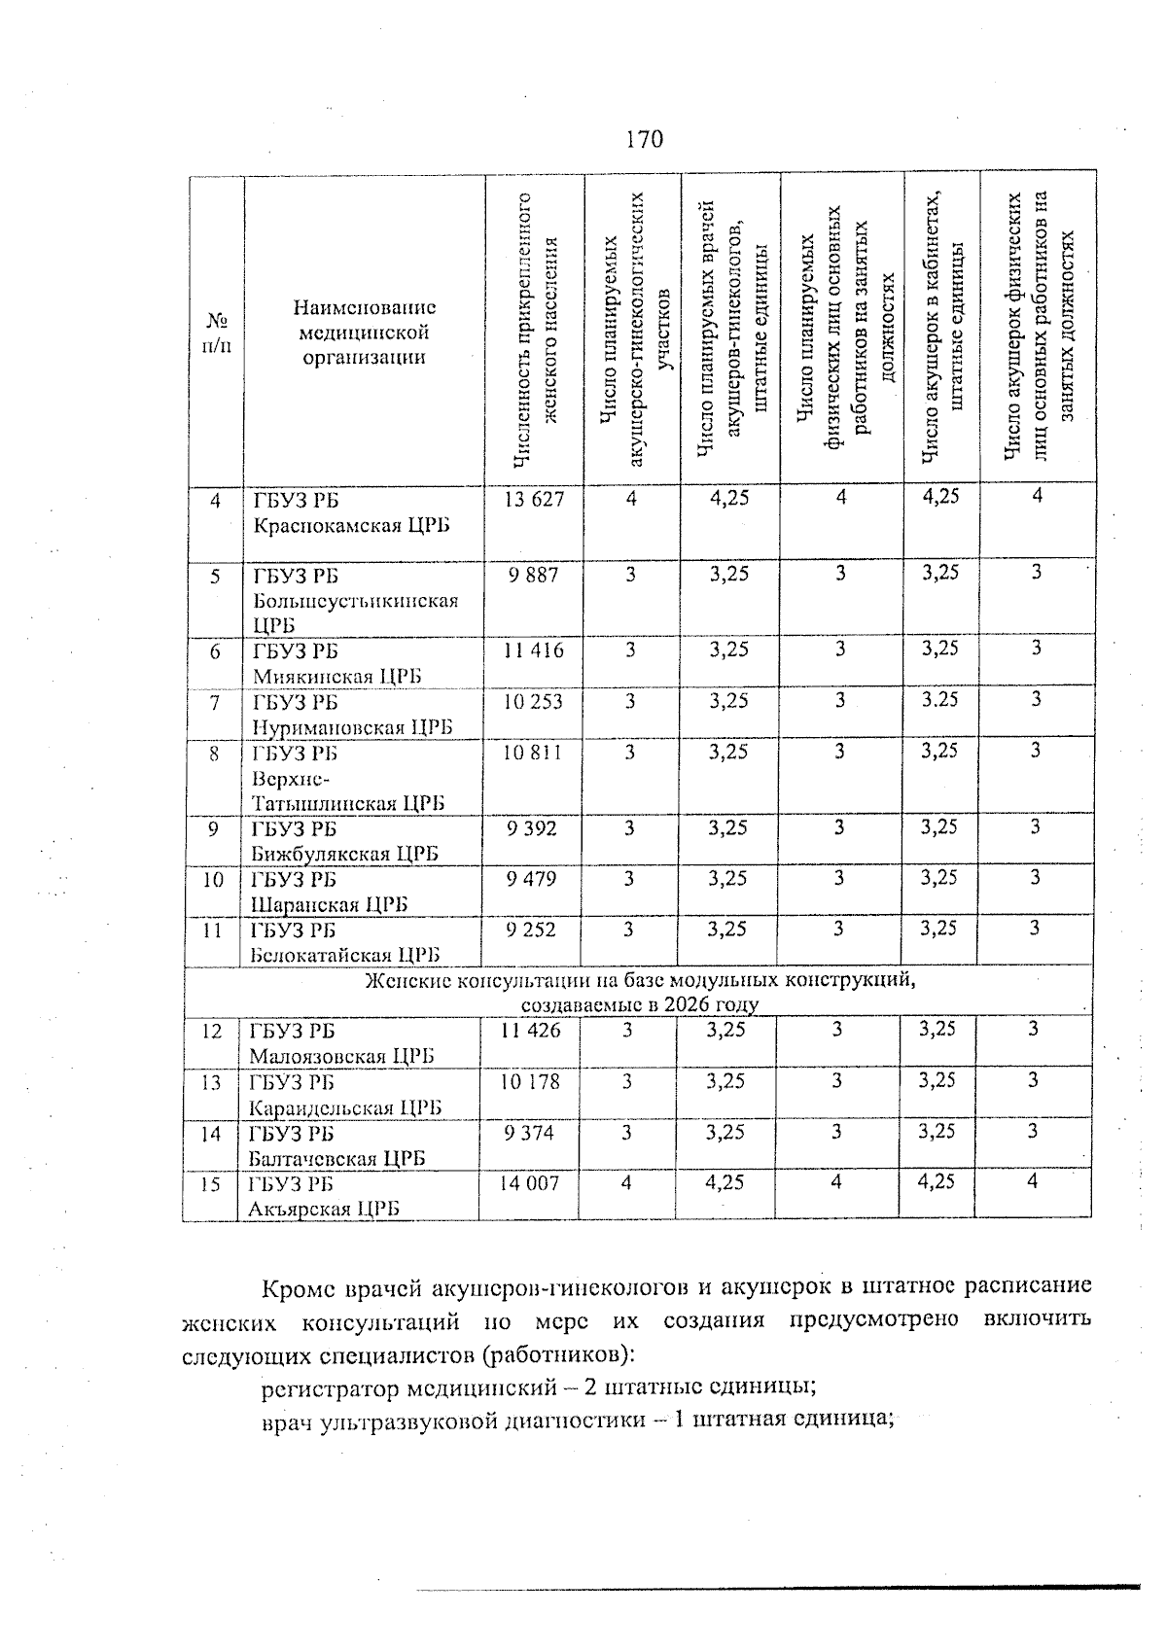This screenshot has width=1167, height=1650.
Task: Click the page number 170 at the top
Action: (x=644, y=139)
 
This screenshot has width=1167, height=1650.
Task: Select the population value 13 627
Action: (x=534, y=500)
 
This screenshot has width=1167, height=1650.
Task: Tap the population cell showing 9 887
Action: (x=534, y=575)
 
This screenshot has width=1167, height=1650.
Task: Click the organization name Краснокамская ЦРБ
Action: (x=352, y=526)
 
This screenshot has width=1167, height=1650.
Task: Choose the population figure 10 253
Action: (x=533, y=701)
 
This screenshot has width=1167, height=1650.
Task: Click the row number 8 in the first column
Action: (x=214, y=753)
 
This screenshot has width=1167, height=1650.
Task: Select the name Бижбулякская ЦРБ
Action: (x=344, y=854)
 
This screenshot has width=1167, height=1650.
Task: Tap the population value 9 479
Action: (x=532, y=878)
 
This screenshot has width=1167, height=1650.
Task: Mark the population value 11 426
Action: (x=530, y=1030)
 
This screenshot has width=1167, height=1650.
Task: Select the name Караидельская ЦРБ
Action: (x=345, y=1107)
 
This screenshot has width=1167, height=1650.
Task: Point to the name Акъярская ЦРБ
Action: (x=325, y=1210)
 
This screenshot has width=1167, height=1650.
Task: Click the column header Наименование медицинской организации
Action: (x=364, y=333)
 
